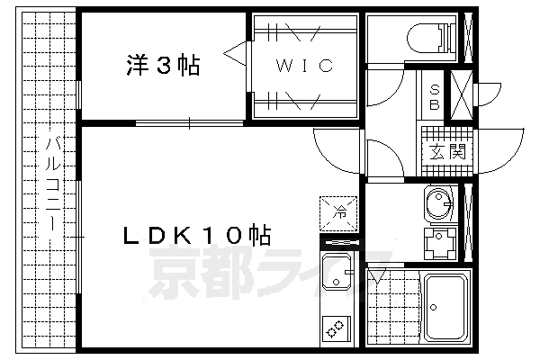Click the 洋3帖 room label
point(163,66)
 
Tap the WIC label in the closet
point(305,66)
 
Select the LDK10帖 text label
point(198,236)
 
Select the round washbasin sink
point(438,204)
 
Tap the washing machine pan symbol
point(439,243)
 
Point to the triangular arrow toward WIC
point(237,54)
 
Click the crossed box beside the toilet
point(469,38)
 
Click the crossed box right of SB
point(461,96)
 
